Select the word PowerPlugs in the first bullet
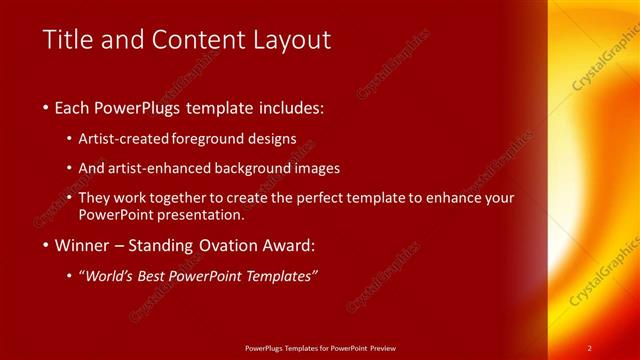(130, 107)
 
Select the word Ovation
(236, 245)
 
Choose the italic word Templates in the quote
(284, 276)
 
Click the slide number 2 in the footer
(590, 347)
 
